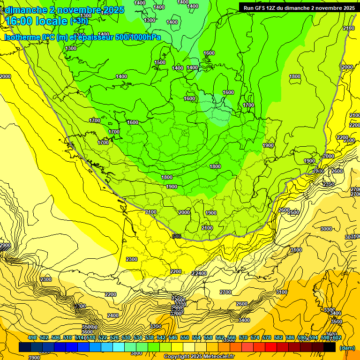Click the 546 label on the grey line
click(177, 236)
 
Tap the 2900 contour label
click(5, 246)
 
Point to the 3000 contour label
click(326, 229)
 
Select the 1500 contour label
click(160, 62)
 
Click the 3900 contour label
click(34, 357)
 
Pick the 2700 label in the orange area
click(225, 292)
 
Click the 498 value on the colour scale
click(32, 338)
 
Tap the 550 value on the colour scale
click(185, 338)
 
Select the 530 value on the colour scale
click(126, 338)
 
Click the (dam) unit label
click(347, 348)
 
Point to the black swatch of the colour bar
click(330, 347)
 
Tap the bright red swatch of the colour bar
click(271, 347)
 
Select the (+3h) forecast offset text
click(79, 21)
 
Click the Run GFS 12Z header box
click(299, 8)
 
